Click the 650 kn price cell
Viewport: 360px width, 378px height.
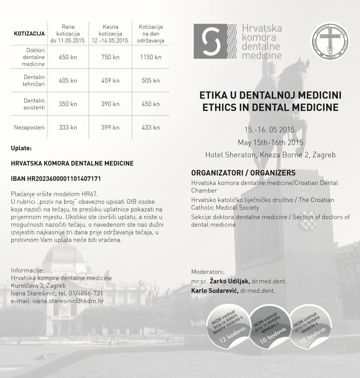point(68,57)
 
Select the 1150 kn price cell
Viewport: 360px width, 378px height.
point(151,57)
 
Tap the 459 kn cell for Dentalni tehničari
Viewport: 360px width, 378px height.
point(110,81)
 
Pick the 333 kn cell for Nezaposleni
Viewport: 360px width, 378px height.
point(68,128)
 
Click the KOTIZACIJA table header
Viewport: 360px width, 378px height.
point(29,34)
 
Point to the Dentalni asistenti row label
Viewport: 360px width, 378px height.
point(34,104)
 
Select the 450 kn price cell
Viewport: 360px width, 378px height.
point(151,104)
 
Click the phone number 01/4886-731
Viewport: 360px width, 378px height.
point(89,293)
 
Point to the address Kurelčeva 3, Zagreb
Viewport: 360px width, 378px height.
point(38,286)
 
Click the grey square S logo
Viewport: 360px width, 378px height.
point(208,41)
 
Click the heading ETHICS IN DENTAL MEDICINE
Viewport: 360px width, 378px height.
point(270,108)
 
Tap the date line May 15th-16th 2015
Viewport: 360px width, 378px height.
point(270,142)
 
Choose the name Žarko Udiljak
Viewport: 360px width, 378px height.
point(230,281)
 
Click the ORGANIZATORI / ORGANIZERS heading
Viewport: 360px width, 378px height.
point(243,173)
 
